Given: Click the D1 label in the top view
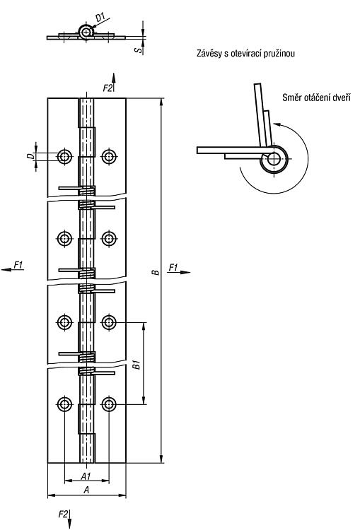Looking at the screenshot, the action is click(x=100, y=17).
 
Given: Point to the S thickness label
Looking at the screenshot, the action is click(x=138, y=49).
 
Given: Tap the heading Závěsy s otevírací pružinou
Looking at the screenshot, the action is click(x=245, y=54).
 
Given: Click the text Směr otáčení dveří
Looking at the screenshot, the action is click(x=316, y=98).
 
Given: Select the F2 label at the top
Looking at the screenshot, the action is click(x=108, y=88).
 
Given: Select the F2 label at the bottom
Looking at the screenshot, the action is click(x=63, y=514).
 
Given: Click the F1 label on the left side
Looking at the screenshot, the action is click(x=18, y=265).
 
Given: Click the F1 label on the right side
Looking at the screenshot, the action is click(x=173, y=268).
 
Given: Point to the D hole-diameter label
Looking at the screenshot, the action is click(x=30, y=156).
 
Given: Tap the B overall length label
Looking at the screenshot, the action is click(x=156, y=272).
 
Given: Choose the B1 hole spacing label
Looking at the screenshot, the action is click(x=136, y=365).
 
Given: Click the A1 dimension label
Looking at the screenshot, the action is click(x=86, y=476).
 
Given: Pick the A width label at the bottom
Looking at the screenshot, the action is click(x=86, y=490).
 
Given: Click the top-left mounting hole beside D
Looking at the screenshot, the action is click(x=64, y=156).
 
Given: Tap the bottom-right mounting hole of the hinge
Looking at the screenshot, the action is click(x=109, y=404).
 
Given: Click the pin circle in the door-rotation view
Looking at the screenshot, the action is click(x=274, y=158).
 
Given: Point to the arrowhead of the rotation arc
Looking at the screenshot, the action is click(x=276, y=124).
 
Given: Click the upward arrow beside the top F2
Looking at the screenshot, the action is click(x=114, y=82).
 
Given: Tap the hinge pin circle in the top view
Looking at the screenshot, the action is click(x=86, y=32).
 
